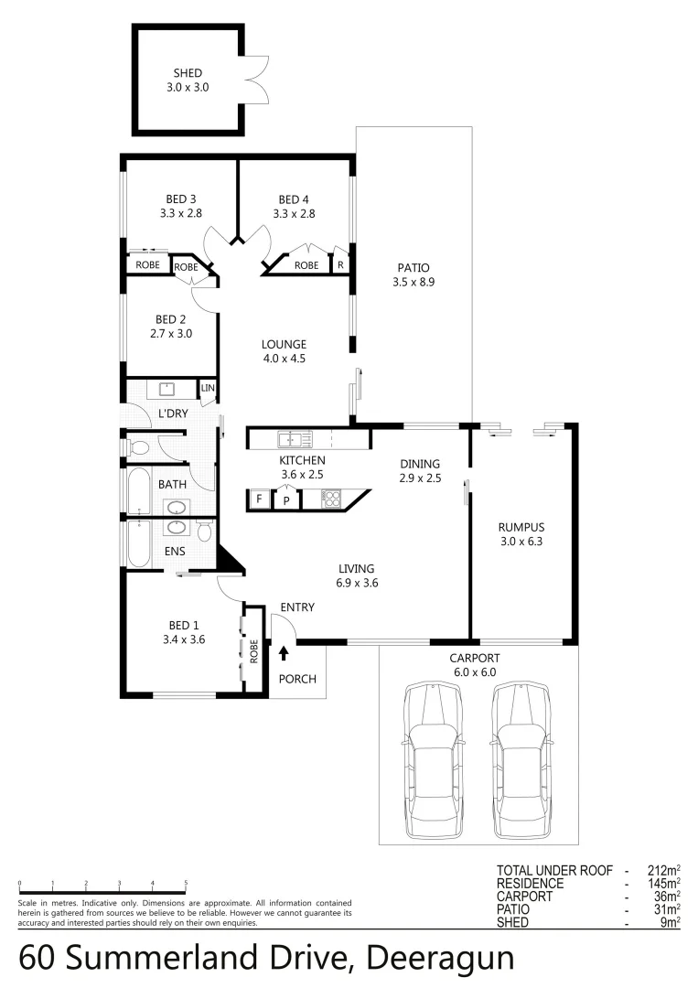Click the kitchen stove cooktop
[x=331, y=499]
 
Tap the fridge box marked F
[x=260, y=499]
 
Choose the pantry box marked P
[x=286, y=500]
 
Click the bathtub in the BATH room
[x=139, y=492]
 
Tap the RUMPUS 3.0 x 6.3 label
[x=521, y=533]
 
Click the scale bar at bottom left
[x=102, y=892]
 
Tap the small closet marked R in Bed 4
[x=340, y=265]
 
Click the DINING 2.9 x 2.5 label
[x=420, y=470]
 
